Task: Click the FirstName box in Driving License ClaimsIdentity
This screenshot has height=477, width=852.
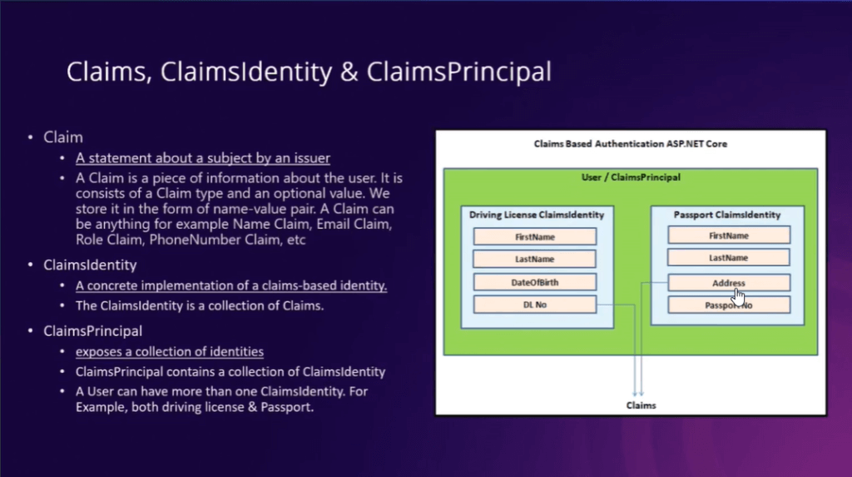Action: pyautogui.click(x=535, y=236)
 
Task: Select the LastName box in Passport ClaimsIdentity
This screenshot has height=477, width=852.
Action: pyautogui.click(x=729, y=258)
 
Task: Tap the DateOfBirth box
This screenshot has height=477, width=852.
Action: pyautogui.click(x=535, y=282)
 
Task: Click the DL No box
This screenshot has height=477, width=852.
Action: pyautogui.click(x=535, y=305)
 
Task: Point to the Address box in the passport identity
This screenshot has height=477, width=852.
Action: pyautogui.click(x=729, y=283)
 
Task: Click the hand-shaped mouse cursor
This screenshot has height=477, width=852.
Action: pyautogui.click(x=738, y=297)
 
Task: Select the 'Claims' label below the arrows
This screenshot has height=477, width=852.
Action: pyautogui.click(x=641, y=405)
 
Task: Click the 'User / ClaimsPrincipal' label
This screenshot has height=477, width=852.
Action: pyautogui.click(x=631, y=177)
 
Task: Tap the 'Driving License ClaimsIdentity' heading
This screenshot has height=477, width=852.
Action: pyautogui.click(x=537, y=215)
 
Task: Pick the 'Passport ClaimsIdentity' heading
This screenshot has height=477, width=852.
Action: pyautogui.click(x=727, y=215)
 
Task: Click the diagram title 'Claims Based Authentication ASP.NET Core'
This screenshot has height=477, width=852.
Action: pyautogui.click(x=631, y=144)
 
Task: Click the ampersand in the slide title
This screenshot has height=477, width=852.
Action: pyautogui.click(x=349, y=72)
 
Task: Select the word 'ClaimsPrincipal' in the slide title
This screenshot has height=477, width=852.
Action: pyautogui.click(x=459, y=72)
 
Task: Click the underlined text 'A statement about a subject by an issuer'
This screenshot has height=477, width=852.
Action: pyautogui.click(x=203, y=158)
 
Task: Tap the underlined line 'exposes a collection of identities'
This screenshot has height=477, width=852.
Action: pyautogui.click(x=170, y=352)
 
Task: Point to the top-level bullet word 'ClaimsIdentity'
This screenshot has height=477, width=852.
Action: pyautogui.click(x=90, y=266)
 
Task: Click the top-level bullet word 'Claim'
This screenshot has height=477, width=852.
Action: pyautogui.click(x=63, y=137)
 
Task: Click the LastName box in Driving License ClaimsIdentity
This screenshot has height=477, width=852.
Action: pyautogui.click(x=535, y=259)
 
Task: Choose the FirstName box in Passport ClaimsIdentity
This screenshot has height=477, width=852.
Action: pyautogui.click(x=729, y=236)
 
